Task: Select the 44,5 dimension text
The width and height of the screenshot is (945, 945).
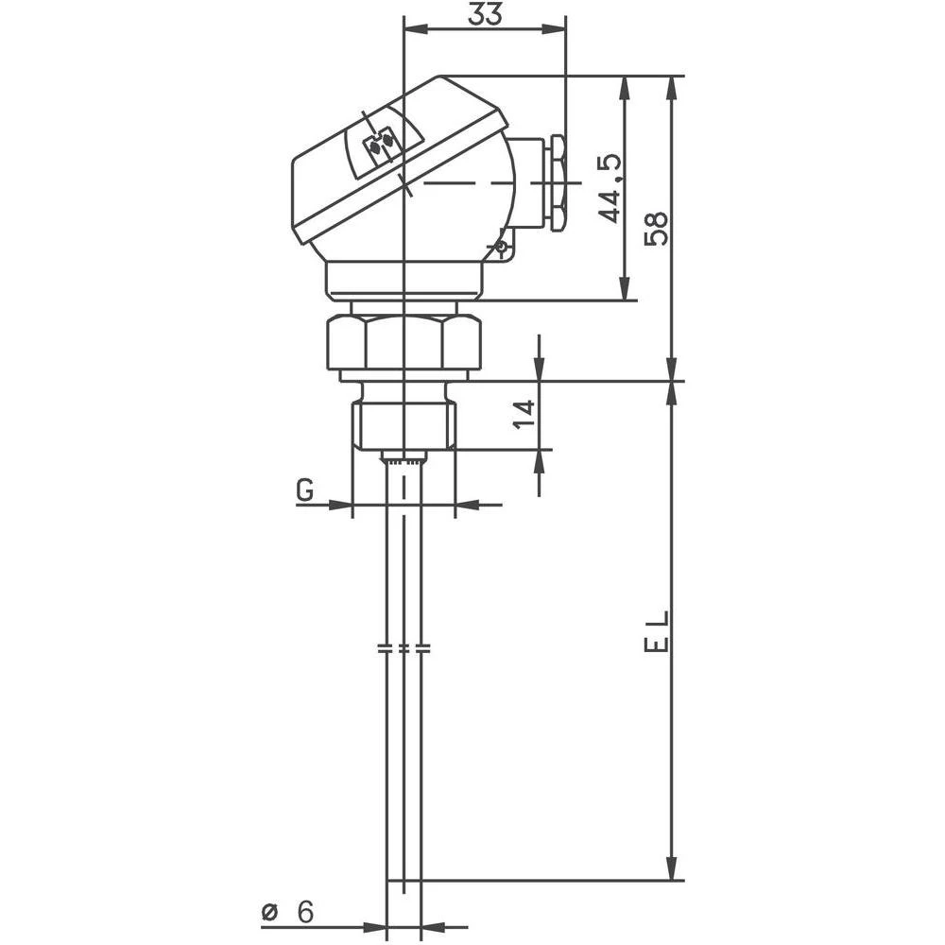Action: [x=611, y=188]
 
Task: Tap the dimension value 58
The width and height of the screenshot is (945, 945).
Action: [x=656, y=228]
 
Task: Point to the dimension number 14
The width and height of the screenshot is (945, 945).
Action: [x=524, y=414]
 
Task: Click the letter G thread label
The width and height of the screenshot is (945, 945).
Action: [x=304, y=490]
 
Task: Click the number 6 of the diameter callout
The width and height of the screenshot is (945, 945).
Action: [x=304, y=912]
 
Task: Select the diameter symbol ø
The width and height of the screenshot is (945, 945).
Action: [x=270, y=913]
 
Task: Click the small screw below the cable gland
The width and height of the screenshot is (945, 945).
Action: [x=501, y=248]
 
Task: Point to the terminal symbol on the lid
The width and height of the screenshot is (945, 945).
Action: [x=382, y=144]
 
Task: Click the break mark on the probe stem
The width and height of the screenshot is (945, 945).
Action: [x=404, y=649]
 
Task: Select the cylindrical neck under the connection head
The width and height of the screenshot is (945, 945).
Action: [x=404, y=279]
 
